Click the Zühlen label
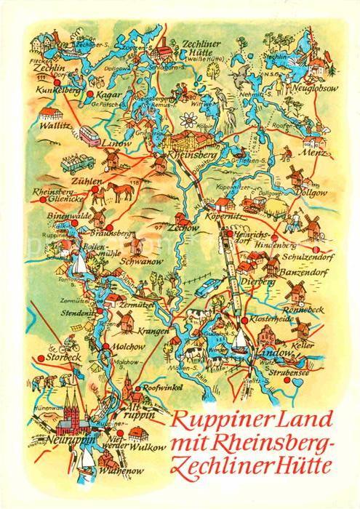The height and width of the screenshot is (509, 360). [86, 164]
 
